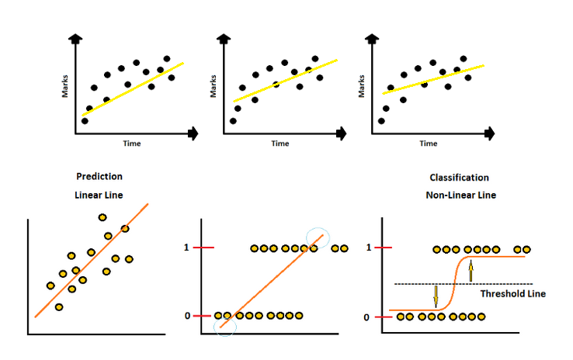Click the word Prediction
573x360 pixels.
(x=99, y=177)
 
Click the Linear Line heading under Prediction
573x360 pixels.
(x=99, y=196)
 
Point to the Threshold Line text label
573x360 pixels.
(x=512, y=294)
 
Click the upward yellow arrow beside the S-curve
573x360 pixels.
(x=471, y=272)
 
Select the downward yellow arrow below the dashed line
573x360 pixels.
(x=436, y=296)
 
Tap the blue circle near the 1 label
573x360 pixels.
(x=318, y=241)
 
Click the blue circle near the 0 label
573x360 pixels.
(x=225, y=327)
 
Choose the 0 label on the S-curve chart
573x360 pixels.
(x=366, y=317)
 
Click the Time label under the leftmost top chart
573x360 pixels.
(x=132, y=144)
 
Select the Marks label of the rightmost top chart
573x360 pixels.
(x=362, y=85)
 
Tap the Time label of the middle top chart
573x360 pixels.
(x=280, y=144)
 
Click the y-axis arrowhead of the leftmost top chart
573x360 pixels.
(x=75, y=40)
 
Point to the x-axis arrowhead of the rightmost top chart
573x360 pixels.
(x=490, y=133)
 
